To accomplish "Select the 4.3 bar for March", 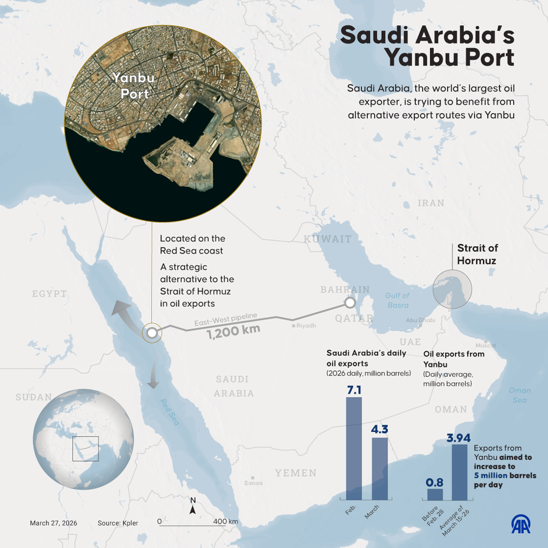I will tap(380, 470).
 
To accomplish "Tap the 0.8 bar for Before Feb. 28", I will tap(435, 495).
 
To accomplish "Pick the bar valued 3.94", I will tap(459, 472).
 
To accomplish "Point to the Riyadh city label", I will tap(306, 325).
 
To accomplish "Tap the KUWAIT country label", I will tap(327, 239).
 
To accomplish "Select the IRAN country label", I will tap(431, 203).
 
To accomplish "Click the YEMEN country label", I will tap(296, 473).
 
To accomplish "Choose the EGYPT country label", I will tap(49, 294).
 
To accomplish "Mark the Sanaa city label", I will tap(253, 483).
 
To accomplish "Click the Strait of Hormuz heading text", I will tap(477, 254).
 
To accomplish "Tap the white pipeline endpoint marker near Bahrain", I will tap(350, 303).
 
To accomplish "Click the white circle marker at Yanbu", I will tap(152, 333).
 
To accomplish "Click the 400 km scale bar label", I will tap(226, 521).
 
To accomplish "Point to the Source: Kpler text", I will tap(118, 523).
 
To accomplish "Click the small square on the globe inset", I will tap(86, 449).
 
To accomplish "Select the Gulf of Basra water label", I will tap(397, 300).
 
